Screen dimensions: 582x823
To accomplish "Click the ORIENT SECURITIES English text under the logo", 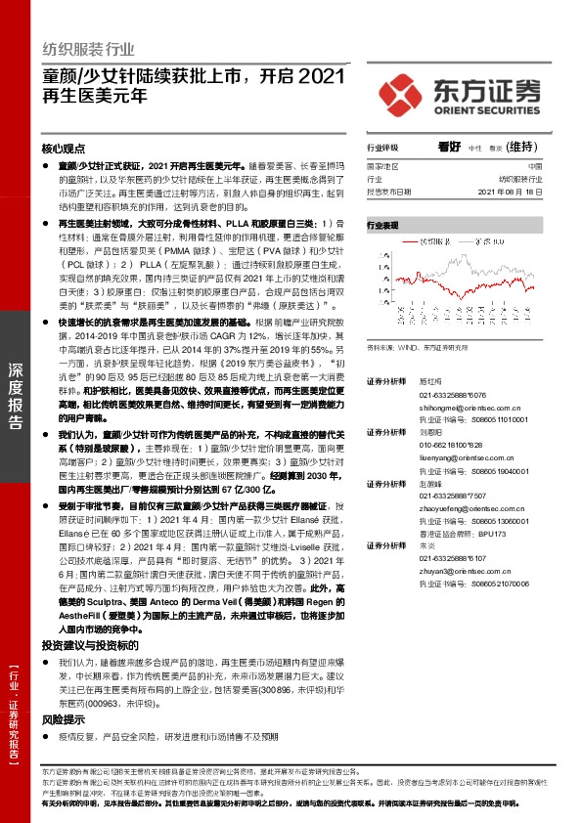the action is (x=485, y=109).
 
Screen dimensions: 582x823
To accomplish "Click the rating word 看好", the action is (x=449, y=147).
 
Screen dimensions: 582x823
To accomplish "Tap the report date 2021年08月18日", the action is (x=528, y=193).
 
